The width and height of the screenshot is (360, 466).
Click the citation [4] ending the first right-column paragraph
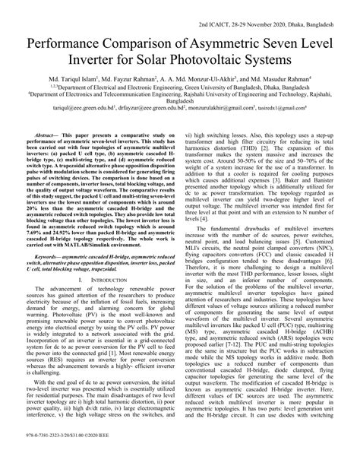coord(202,196)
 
